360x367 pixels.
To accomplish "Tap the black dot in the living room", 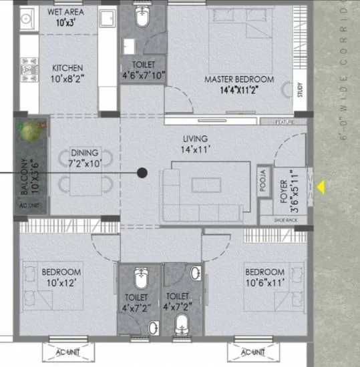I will click(x=142, y=173).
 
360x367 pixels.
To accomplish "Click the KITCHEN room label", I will click(x=68, y=68).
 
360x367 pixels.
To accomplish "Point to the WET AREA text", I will click(x=66, y=12).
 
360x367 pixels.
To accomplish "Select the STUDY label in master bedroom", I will click(x=301, y=89).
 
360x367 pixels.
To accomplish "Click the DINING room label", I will click(x=84, y=151).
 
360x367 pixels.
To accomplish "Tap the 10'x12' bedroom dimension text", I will click(x=60, y=282).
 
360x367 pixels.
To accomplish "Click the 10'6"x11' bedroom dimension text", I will click(x=264, y=282).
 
